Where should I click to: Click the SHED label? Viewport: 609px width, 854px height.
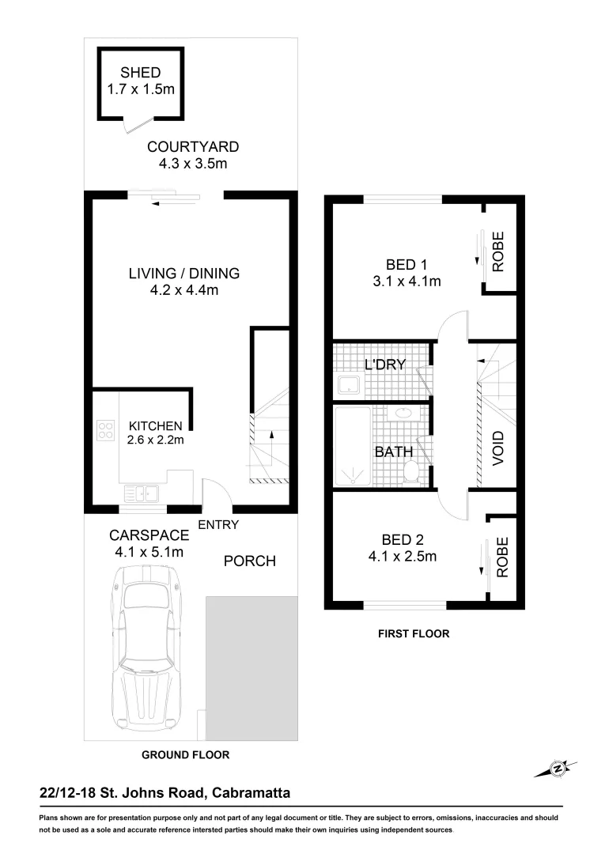[x=141, y=74]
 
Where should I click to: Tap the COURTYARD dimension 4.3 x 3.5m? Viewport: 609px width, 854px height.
[x=193, y=164]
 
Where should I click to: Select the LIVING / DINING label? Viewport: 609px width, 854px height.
[x=183, y=274]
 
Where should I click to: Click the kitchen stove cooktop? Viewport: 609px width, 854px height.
[x=105, y=429]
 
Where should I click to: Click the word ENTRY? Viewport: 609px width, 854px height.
[x=218, y=524]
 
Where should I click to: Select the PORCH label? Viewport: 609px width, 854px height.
[x=249, y=561]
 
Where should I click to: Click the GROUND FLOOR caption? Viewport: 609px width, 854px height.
[x=185, y=755]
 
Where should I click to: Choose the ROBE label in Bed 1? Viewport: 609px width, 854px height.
[x=497, y=252]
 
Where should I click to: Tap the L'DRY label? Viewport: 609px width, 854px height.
[x=384, y=365]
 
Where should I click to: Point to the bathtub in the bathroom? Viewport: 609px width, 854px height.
[x=351, y=446]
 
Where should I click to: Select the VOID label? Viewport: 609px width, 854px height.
[x=497, y=447]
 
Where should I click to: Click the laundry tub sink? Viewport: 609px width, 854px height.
[x=349, y=385]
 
